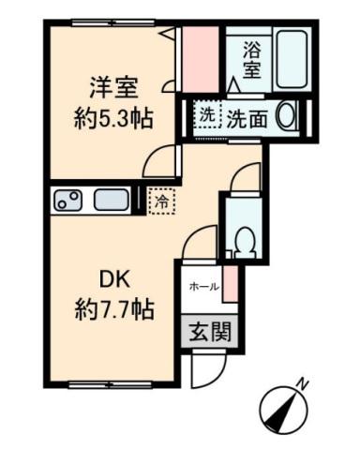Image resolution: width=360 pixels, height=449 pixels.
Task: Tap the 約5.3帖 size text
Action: (x=114, y=119)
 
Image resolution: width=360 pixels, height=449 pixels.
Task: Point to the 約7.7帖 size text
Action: (x=114, y=307)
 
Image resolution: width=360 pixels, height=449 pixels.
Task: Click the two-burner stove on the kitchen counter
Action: (x=70, y=200)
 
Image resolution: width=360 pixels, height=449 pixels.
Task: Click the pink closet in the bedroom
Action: (x=199, y=58)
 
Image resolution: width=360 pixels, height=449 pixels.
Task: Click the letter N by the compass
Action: (x=303, y=382)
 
